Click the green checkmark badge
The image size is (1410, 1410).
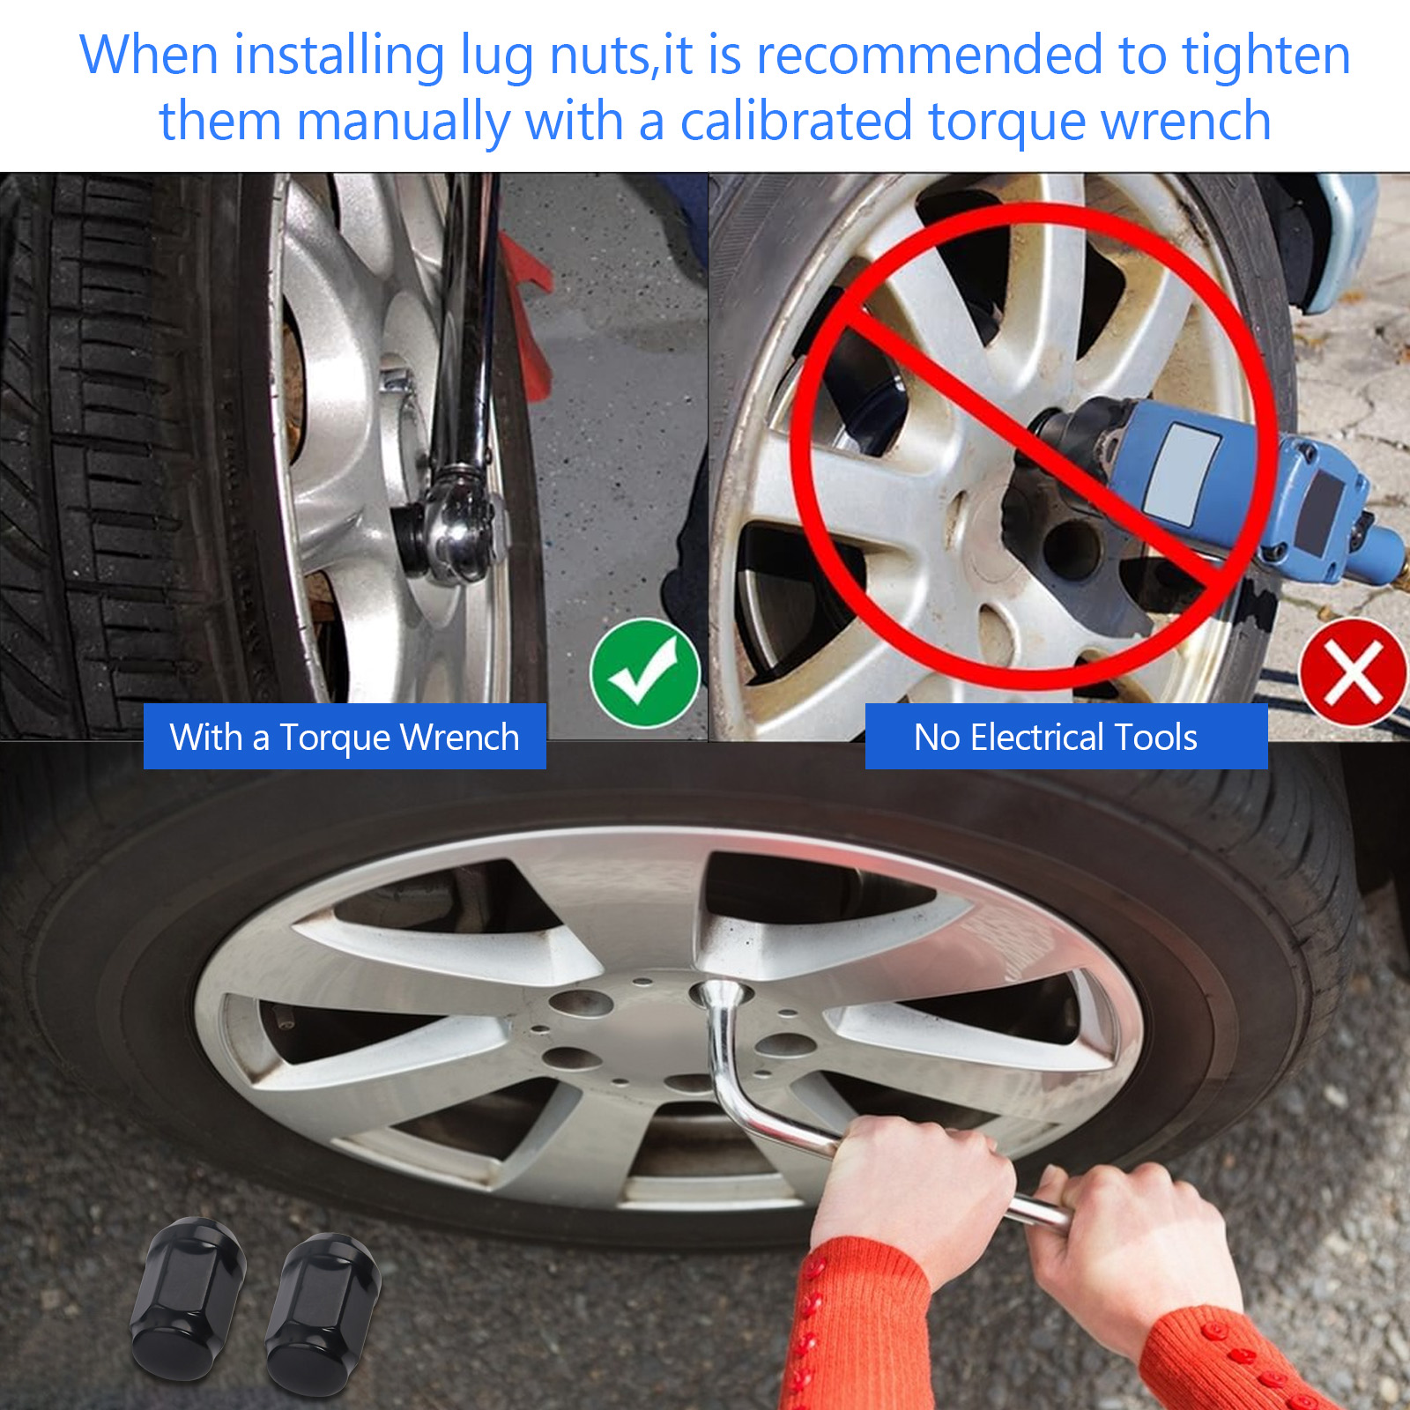pyautogui.click(x=645, y=673)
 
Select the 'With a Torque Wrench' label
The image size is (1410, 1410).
pyautogui.click(x=345, y=737)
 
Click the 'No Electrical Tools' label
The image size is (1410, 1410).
pyautogui.click(x=1066, y=737)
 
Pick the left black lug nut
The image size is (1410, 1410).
pyautogui.click(x=188, y=1298)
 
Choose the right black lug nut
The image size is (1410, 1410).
pyautogui.click(x=323, y=1313)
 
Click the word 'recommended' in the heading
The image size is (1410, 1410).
pyautogui.click(x=930, y=55)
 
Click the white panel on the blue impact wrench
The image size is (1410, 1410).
pyautogui.click(x=1181, y=476)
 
